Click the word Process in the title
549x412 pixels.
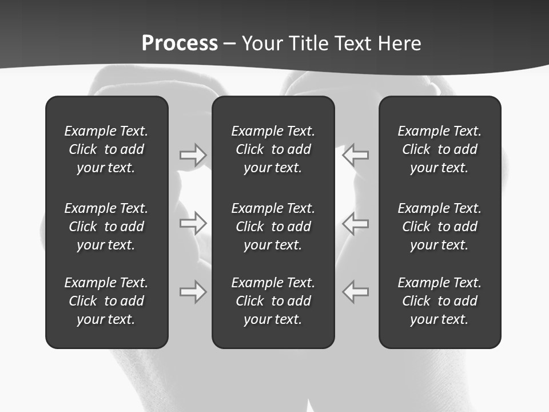pyautogui.click(x=180, y=43)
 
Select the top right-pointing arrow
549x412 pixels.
pyautogui.click(x=193, y=154)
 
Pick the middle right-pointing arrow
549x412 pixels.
pyautogui.click(x=193, y=223)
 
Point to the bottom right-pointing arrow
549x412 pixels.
pyautogui.click(x=193, y=292)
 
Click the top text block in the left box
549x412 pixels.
pyautogui.click(x=106, y=149)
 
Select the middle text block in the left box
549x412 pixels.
pyautogui.click(x=106, y=227)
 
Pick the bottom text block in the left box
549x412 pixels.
pyautogui.click(x=106, y=301)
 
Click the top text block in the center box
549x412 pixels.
pyautogui.click(x=273, y=149)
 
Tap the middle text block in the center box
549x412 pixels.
pyautogui.click(x=273, y=227)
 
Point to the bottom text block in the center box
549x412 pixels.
pyautogui.click(x=273, y=301)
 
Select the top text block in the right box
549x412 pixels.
pyautogui.click(x=439, y=149)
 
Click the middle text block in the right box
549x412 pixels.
pyautogui.click(x=439, y=227)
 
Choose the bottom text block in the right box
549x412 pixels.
pyautogui.click(x=439, y=301)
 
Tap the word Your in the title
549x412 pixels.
pyautogui.click(x=262, y=43)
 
